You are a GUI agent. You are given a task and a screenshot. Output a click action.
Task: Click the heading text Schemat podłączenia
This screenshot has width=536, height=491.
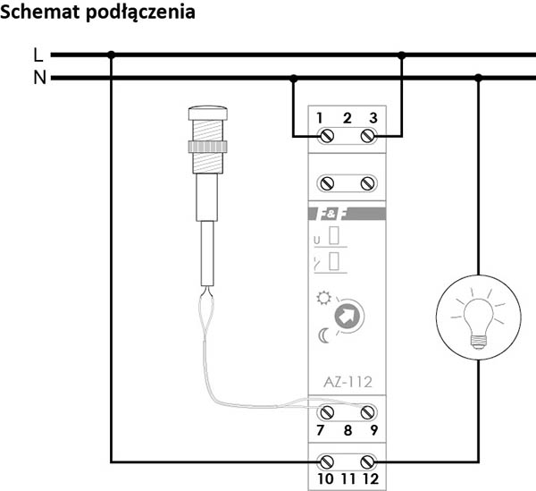pos(99,13)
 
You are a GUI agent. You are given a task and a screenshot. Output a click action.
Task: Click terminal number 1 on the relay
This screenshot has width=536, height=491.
pos(319,118)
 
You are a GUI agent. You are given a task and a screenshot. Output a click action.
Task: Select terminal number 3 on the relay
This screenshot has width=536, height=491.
pos(372,118)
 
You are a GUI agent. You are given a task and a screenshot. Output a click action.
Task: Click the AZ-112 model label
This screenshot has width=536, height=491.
pos(347,383)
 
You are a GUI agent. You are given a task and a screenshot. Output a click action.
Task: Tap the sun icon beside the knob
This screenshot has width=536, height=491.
pos(322,298)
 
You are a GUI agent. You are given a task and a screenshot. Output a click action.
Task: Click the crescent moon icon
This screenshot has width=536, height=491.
pos(323,335)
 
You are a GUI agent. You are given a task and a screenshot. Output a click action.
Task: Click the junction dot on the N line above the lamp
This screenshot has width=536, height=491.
pos(479,78)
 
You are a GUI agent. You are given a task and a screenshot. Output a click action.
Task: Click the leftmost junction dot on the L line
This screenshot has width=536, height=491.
pos(111,55)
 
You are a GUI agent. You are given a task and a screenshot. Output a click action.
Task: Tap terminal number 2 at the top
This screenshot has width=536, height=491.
pos(347,118)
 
